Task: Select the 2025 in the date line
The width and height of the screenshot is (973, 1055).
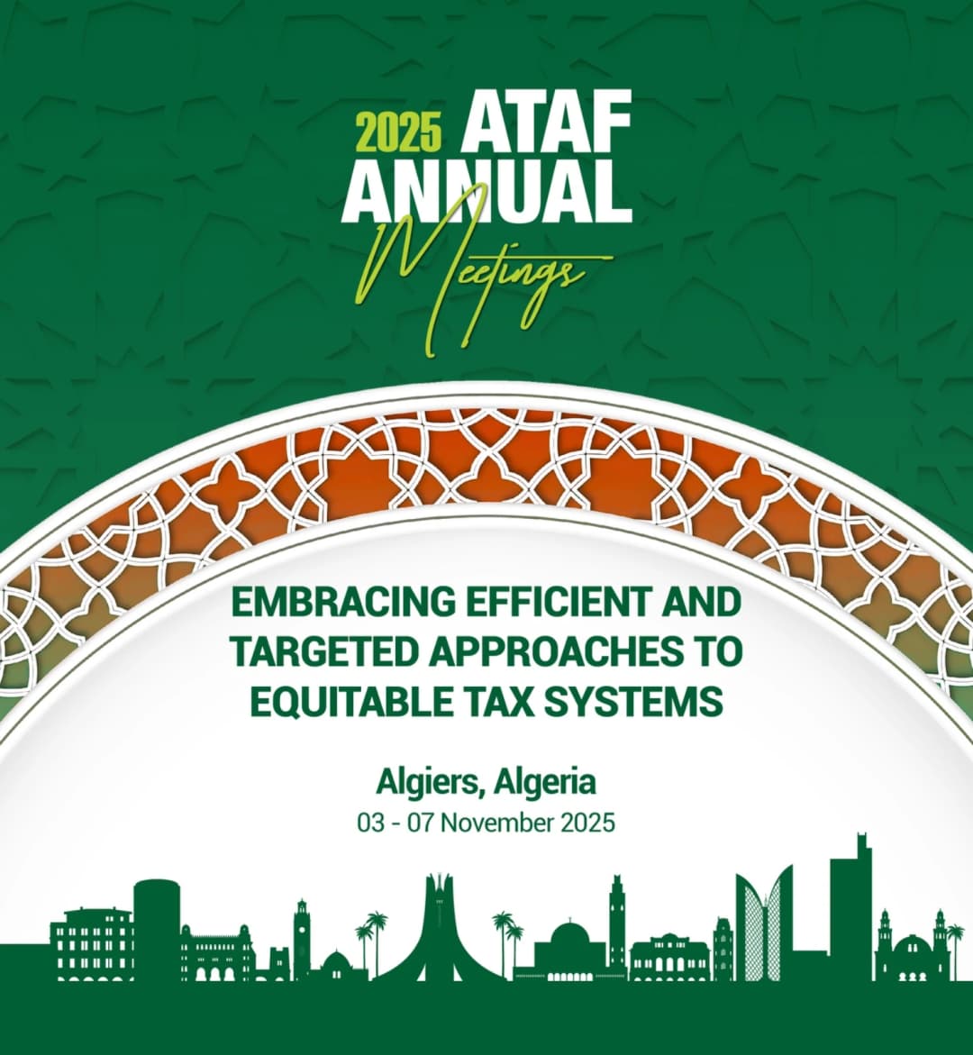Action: [x=589, y=823]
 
